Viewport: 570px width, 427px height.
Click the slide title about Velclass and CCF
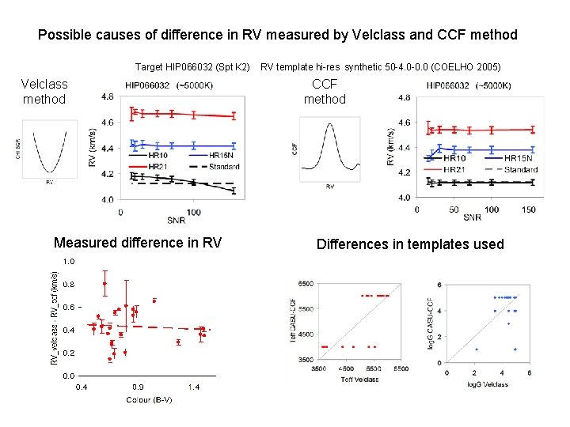(278, 35)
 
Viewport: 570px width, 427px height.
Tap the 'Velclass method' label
(44, 91)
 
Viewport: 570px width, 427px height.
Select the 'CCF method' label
(325, 91)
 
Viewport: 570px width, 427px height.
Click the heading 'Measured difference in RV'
(138, 242)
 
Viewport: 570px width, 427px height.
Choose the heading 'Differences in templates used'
(410, 244)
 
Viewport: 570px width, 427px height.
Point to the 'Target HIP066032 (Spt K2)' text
(193, 67)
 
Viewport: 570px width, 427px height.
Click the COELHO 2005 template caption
(380, 67)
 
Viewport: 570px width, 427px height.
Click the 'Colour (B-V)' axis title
(149, 399)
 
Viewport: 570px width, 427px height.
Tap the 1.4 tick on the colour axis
(194, 387)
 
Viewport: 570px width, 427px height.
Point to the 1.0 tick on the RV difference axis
(68, 260)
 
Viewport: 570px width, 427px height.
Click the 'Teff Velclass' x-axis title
(358, 380)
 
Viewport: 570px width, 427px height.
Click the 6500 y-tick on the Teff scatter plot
(304, 283)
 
